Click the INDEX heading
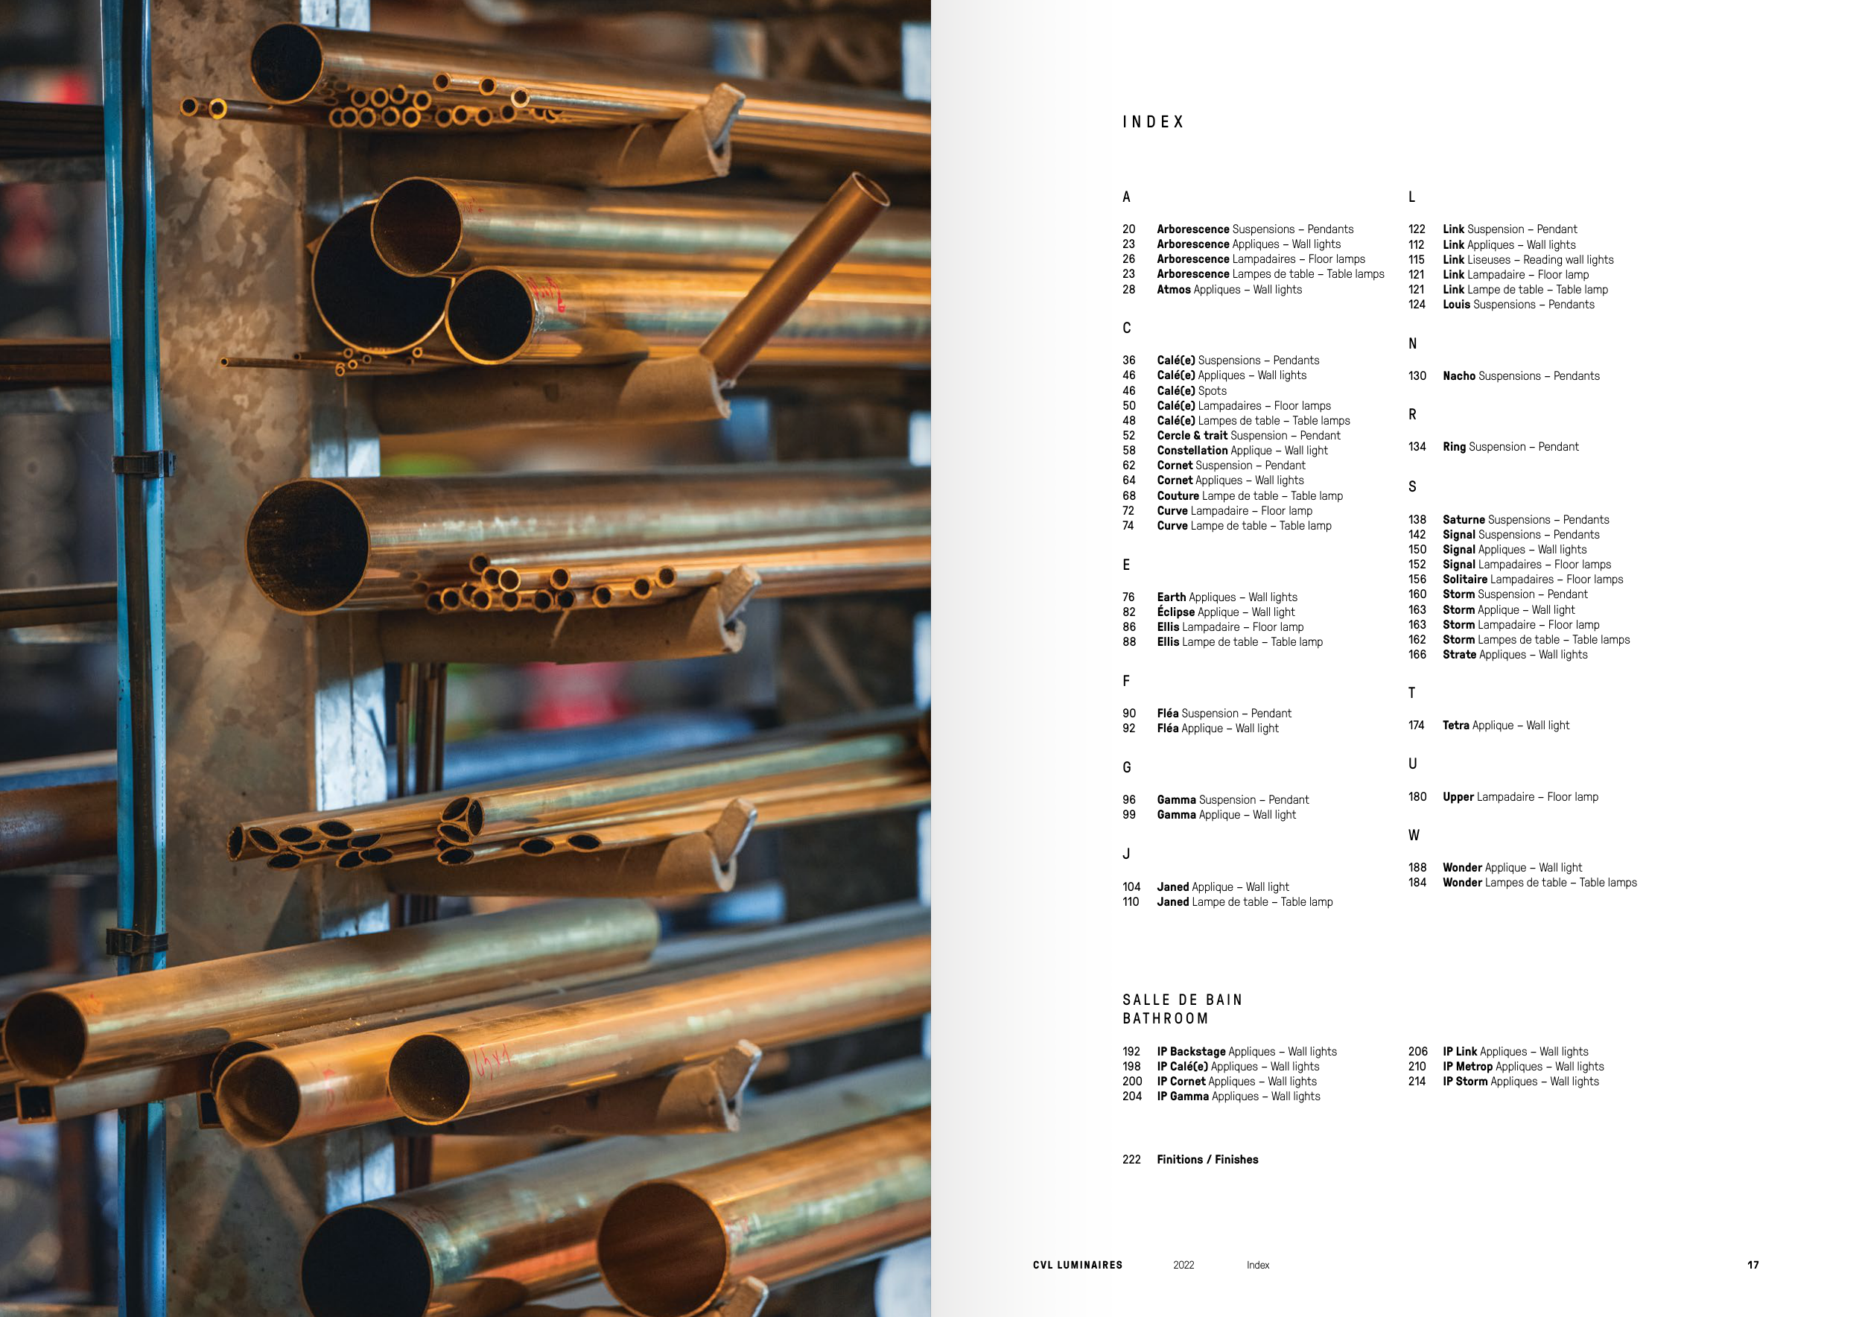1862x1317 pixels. (1152, 121)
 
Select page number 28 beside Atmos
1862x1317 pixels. (1128, 290)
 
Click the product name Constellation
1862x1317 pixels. (1192, 450)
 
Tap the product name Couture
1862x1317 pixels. (1178, 495)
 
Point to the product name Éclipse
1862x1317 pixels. (1176, 612)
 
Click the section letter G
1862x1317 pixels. (1126, 767)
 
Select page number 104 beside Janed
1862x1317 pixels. (1131, 887)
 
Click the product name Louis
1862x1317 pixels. (1455, 305)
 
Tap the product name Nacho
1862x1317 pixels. (1459, 376)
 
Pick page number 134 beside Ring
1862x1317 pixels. (1417, 447)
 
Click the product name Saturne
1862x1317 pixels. (1464, 520)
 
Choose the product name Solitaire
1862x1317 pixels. (1464, 579)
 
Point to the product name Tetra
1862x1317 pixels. (1455, 725)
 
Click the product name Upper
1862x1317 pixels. (1458, 797)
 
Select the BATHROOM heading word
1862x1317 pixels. (1166, 1018)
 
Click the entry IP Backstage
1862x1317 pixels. (1192, 1052)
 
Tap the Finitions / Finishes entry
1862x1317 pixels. (1207, 1160)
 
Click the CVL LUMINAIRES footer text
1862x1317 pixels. (1078, 1265)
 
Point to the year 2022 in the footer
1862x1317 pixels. (1183, 1265)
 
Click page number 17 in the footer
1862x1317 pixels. (1753, 1265)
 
